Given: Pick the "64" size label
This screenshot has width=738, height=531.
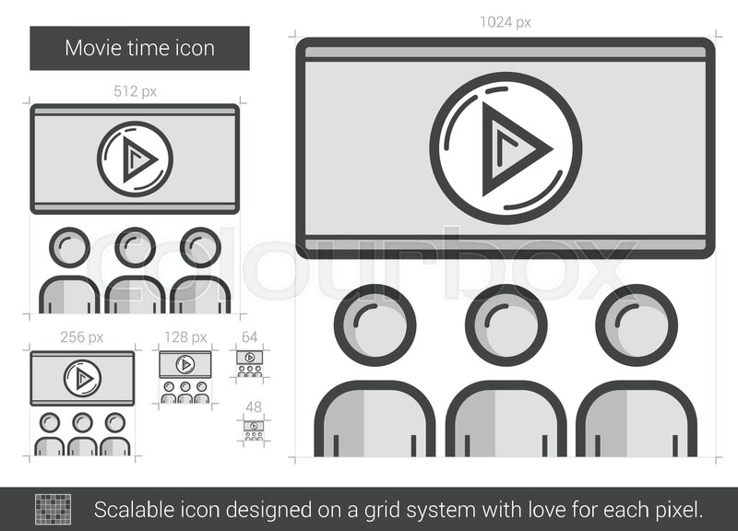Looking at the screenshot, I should tap(249, 337).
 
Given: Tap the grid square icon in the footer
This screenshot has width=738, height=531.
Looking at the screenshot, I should tap(53, 508).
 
